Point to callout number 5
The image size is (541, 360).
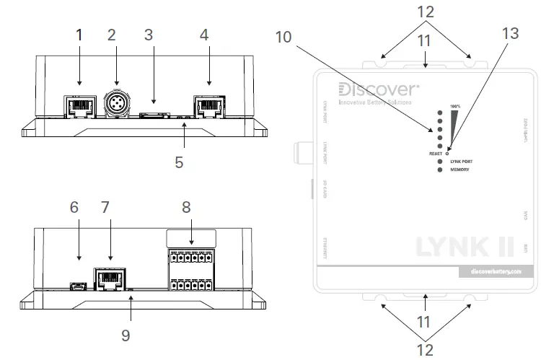[179, 162]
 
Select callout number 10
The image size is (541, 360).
[283, 36]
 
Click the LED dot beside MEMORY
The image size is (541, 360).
[439, 170]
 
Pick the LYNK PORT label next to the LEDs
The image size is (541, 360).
[465, 162]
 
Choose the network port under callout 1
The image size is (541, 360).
[79, 107]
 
